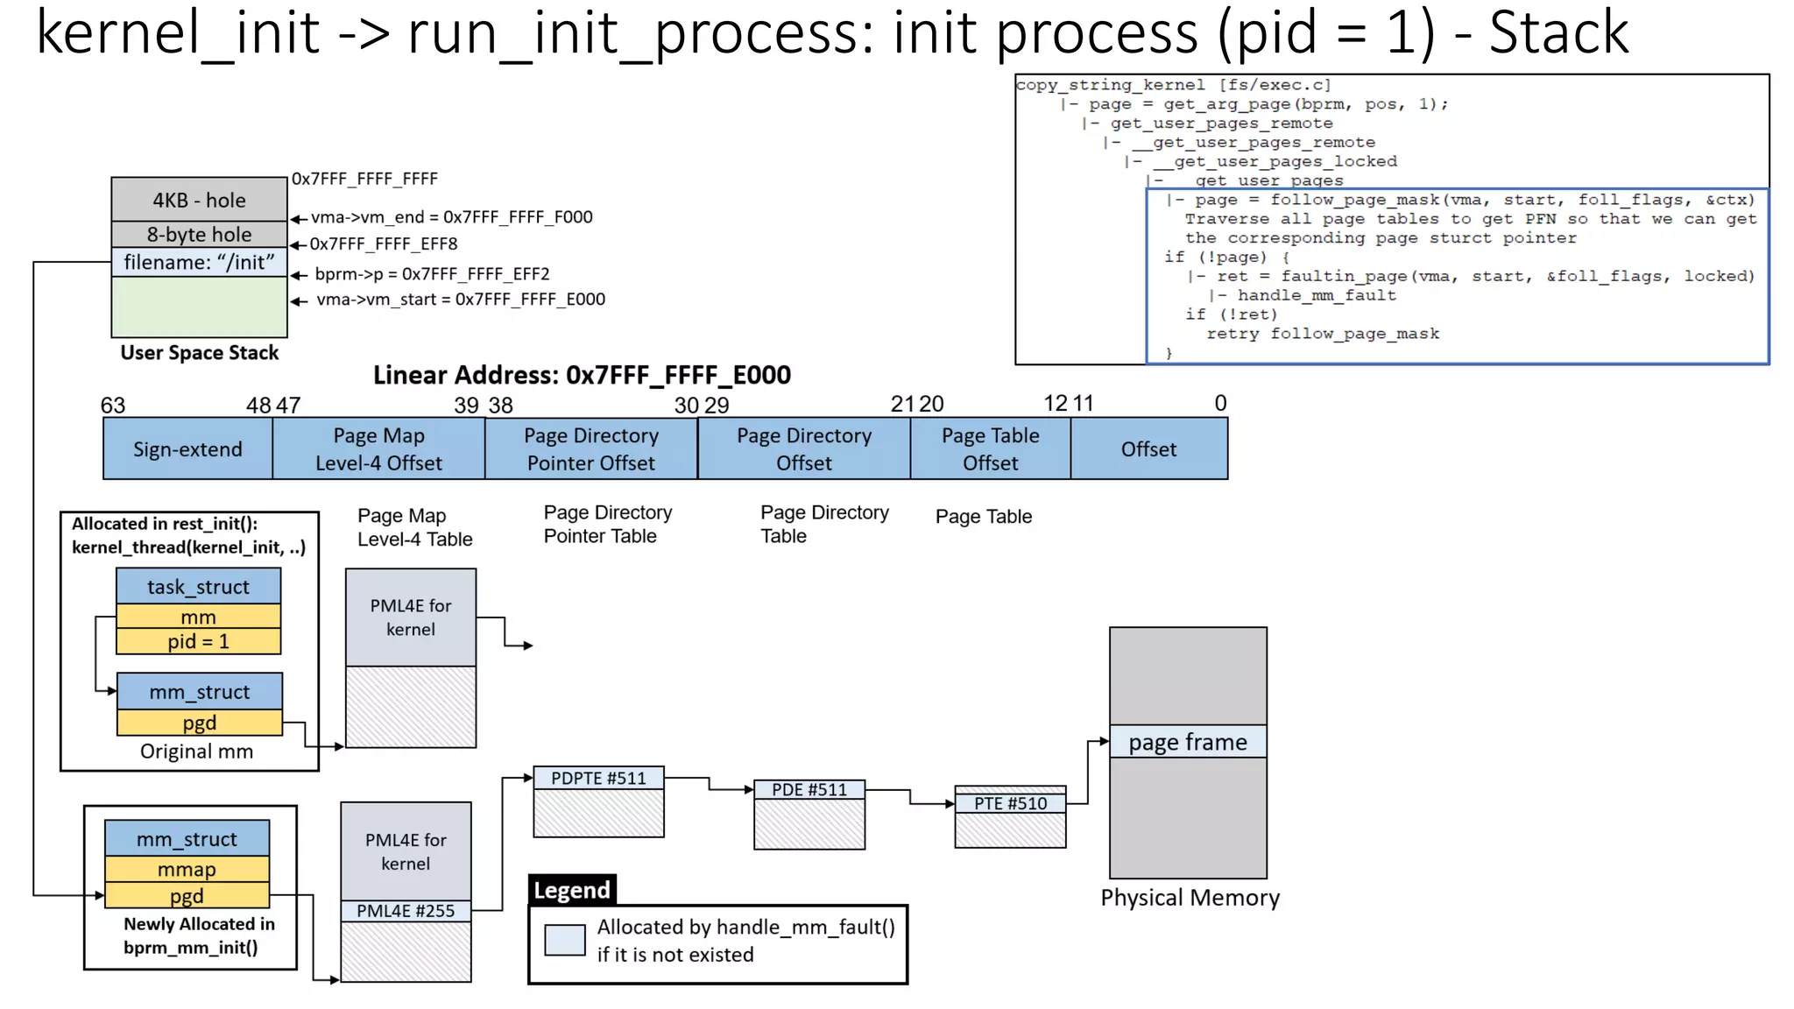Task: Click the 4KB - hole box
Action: (x=199, y=200)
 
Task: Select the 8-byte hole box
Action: (x=199, y=235)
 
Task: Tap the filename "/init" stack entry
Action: (x=199, y=262)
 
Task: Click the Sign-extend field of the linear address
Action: (x=187, y=449)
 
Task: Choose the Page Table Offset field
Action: (x=990, y=449)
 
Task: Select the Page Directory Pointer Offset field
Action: (x=590, y=449)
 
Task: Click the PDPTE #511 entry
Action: (x=598, y=778)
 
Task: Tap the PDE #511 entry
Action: (x=809, y=790)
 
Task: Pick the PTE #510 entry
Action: (x=1010, y=803)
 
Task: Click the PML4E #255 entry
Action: (x=406, y=911)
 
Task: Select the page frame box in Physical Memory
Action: (x=1187, y=742)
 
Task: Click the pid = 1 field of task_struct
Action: (x=199, y=642)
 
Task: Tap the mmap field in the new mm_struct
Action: (x=187, y=870)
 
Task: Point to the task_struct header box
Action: (x=199, y=587)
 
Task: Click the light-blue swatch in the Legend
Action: (x=564, y=940)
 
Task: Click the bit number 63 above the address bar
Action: (x=113, y=406)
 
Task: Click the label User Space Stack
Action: (x=199, y=353)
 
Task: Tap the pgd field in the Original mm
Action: (x=200, y=723)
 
